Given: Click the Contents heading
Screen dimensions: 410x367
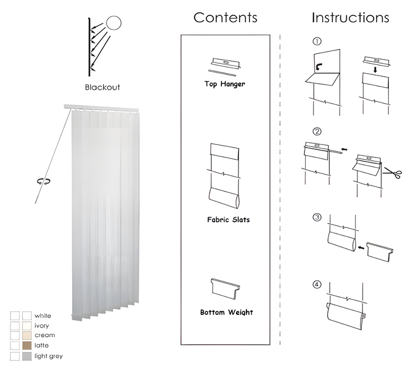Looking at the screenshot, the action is (x=225, y=18).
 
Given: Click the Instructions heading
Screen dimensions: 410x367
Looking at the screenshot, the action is (x=350, y=18).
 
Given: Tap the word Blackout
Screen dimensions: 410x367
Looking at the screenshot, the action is (x=102, y=87).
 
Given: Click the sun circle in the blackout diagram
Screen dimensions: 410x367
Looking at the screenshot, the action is (x=114, y=23).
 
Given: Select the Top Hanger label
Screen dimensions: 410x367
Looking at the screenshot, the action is (x=225, y=84).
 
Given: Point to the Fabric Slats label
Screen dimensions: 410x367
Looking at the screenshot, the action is (x=228, y=219).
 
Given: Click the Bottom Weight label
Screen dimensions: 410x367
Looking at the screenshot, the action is (x=227, y=313).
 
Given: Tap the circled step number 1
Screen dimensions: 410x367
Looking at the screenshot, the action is (x=317, y=42).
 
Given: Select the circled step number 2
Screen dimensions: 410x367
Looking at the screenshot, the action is (x=317, y=131).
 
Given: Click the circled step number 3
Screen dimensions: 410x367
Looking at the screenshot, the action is (x=317, y=217).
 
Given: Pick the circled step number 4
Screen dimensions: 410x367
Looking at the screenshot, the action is (x=317, y=284).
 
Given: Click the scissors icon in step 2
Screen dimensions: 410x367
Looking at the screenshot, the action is (x=392, y=173).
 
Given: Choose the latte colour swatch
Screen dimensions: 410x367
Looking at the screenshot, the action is (x=27, y=345).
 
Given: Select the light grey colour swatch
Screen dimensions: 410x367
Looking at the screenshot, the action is (x=27, y=356).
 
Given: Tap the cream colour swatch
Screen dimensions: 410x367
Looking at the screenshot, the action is (x=27, y=335).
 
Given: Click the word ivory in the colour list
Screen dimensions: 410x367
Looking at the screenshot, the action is (x=42, y=325).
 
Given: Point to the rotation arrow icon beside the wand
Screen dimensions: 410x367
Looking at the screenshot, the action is (x=44, y=181).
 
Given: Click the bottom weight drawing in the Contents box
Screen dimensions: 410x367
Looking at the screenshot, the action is (x=225, y=289).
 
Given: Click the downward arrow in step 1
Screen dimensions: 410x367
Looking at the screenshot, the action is (x=375, y=70).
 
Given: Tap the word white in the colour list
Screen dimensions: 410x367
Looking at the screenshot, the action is (x=43, y=315).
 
